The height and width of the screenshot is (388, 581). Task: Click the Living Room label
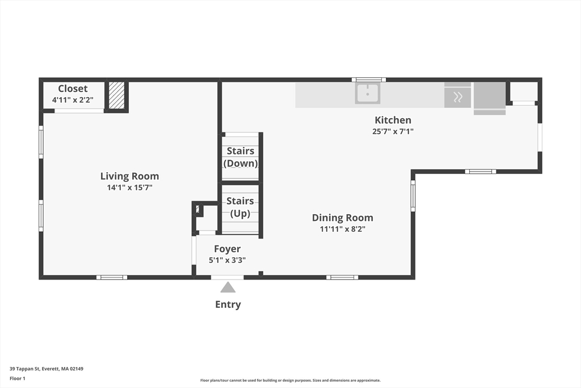click(129, 176)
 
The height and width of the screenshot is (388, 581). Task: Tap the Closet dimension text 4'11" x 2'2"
click(73, 100)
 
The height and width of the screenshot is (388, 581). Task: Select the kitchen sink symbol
click(368, 93)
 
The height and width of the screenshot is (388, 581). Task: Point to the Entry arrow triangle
click(228, 287)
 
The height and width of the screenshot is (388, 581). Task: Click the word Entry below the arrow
click(228, 304)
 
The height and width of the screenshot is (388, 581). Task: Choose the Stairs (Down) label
click(241, 157)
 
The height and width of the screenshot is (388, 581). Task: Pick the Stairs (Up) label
click(240, 207)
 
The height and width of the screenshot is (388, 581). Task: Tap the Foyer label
click(227, 249)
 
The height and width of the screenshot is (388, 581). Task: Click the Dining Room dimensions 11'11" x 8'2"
click(342, 229)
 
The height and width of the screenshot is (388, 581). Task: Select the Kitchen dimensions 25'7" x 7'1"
click(393, 131)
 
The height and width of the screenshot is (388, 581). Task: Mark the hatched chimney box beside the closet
click(116, 95)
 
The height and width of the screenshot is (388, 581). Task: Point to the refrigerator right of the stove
click(490, 96)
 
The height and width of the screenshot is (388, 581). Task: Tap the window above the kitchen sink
click(368, 80)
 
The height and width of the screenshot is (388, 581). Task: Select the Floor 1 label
click(18, 378)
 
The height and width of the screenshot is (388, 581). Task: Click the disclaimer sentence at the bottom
click(290, 381)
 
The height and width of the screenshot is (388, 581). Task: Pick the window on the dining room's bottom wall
click(342, 277)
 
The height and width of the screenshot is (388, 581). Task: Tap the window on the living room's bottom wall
click(111, 277)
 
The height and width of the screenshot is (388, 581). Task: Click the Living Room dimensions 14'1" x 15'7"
click(129, 187)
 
